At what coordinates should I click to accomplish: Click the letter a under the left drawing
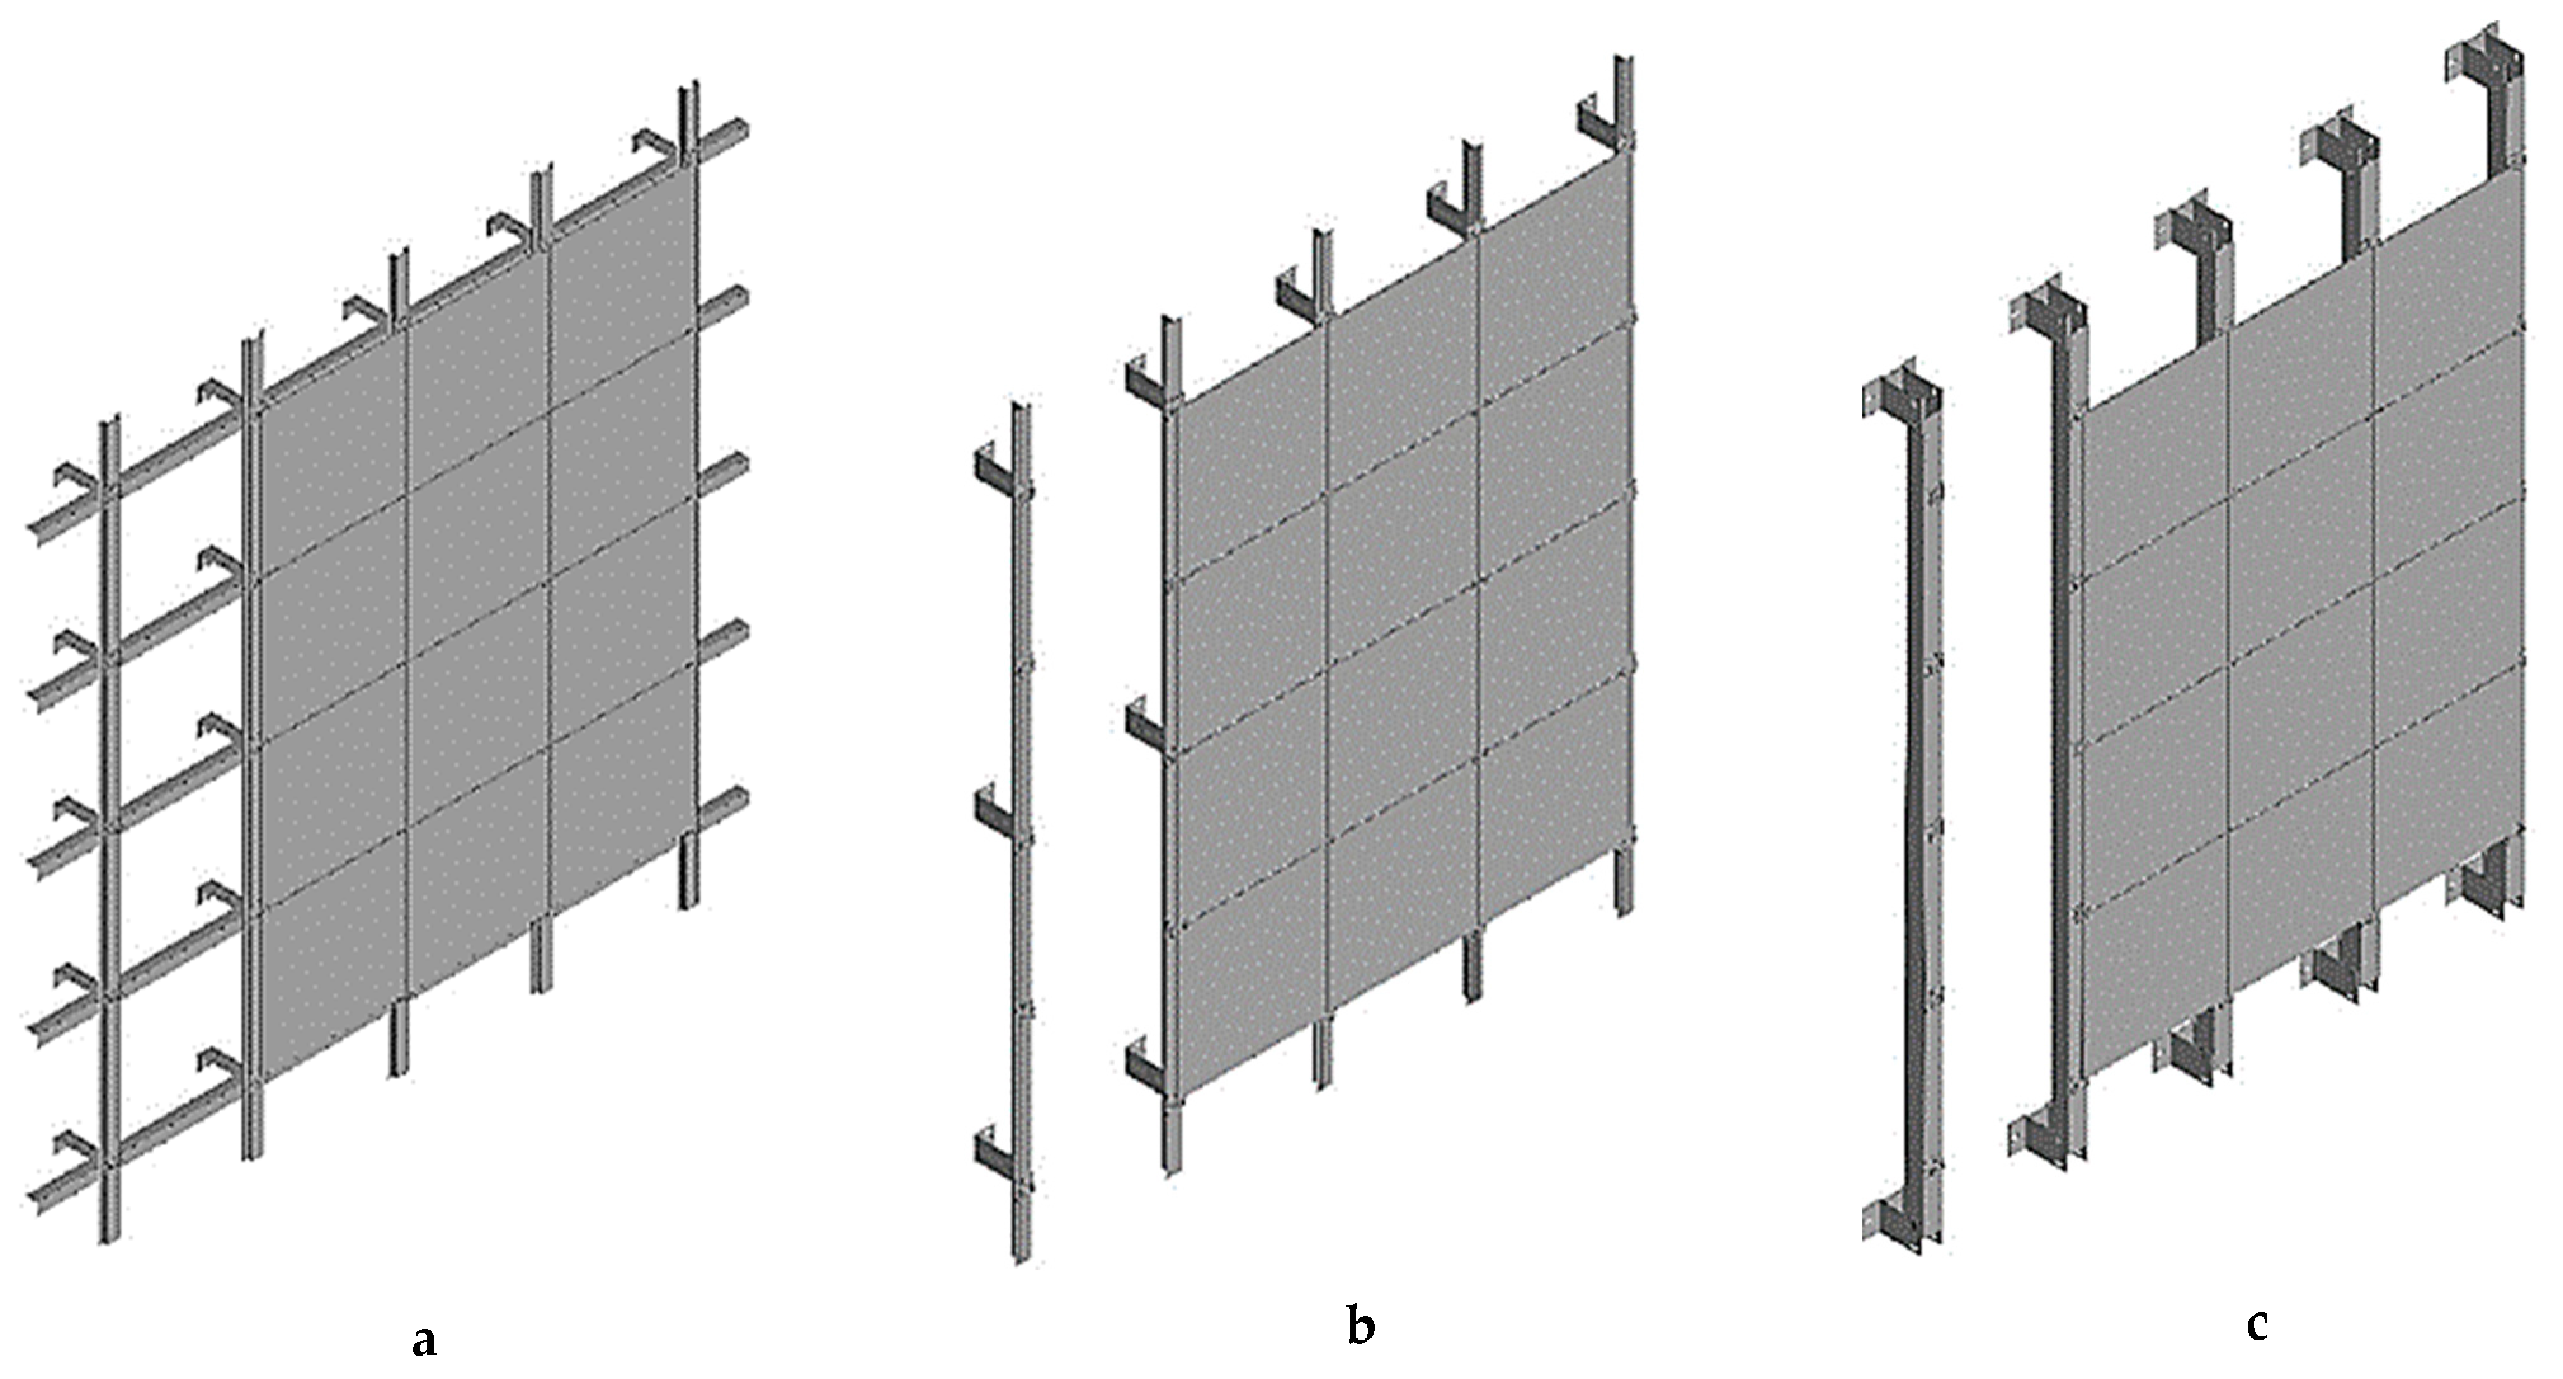click(x=424, y=1339)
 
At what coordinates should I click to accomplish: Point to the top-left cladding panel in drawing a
click(x=331, y=451)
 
